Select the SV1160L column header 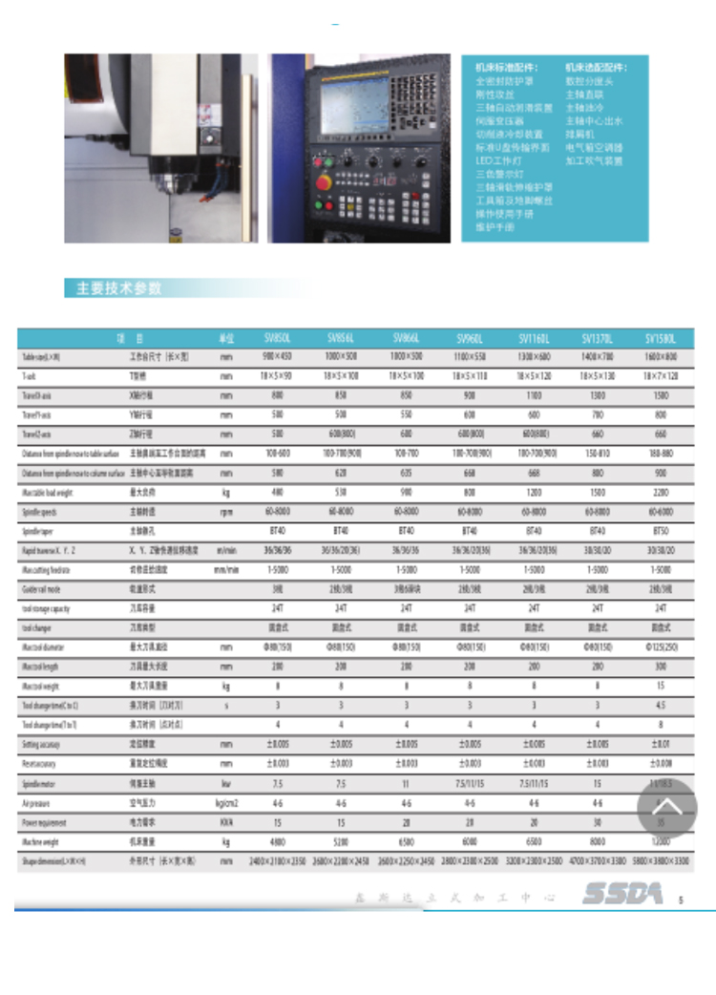click(534, 338)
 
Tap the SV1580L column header click(661, 338)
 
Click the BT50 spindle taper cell click(661, 530)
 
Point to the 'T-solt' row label click(30, 376)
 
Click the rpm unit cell click(226, 511)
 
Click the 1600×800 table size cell click(661, 357)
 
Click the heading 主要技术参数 click(119, 288)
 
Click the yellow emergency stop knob click(325, 180)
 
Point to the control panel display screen click(354, 105)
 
